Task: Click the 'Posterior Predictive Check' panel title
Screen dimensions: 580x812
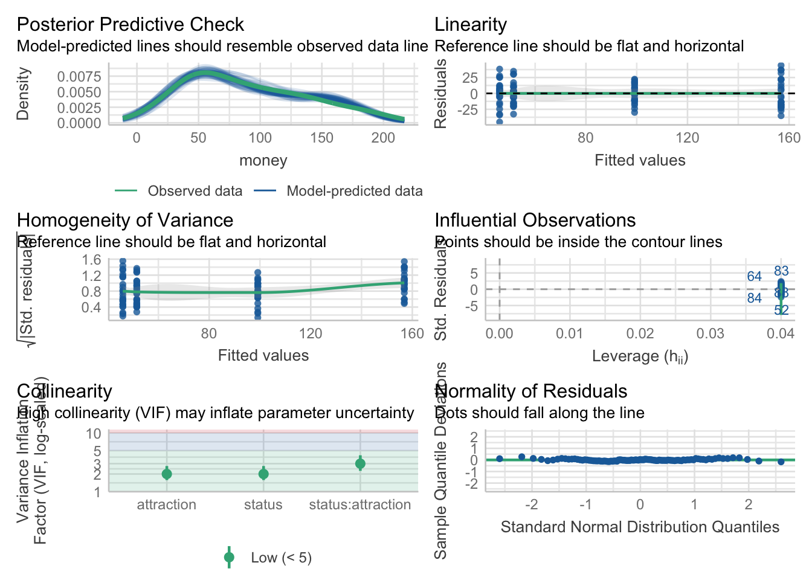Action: pyautogui.click(x=130, y=24)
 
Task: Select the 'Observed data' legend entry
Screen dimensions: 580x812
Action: pyautogui.click(x=195, y=191)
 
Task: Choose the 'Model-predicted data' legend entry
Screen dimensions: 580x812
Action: pyautogui.click(x=354, y=191)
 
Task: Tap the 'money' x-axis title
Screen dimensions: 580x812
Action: pyautogui.click(x=263, y=160)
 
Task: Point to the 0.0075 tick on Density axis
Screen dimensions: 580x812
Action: pyautogui.click(x=79, y=76)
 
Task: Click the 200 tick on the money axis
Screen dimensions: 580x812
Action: pyautogui.click(x=383, y=138)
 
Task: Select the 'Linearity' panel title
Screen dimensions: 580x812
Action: pyautogui.click(x=471, y=24)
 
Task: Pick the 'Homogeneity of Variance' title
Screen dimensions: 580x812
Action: pyautogui.click(x=125, y=220)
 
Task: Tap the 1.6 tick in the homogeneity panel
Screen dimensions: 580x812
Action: pyautogui.click(x=92, y=260)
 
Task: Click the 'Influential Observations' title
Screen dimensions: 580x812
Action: pyautogui.click(x=535, y=220)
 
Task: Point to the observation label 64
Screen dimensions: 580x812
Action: pyautogui.click(x=754, y=277)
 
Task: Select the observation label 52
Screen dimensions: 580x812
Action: pyautogui.click(x=781, y=311)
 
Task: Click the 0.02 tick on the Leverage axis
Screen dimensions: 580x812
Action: pyautogui.click(x=640, y=333)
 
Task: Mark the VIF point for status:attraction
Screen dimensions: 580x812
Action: pyautogui.click(x=360, y=464)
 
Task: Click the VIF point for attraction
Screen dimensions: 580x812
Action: pyautogui.click(x=167, y=474)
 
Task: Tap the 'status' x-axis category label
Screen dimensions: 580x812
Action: pyautogui.click(x=263, y=504)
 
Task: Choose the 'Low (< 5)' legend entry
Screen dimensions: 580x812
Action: pyautogui.click(x=281, y=558)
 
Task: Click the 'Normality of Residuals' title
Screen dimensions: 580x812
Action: pyautogui.click(x=531, y=391)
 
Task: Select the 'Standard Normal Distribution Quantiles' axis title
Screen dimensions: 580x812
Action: pyautogui.click(x=640, y=527)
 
